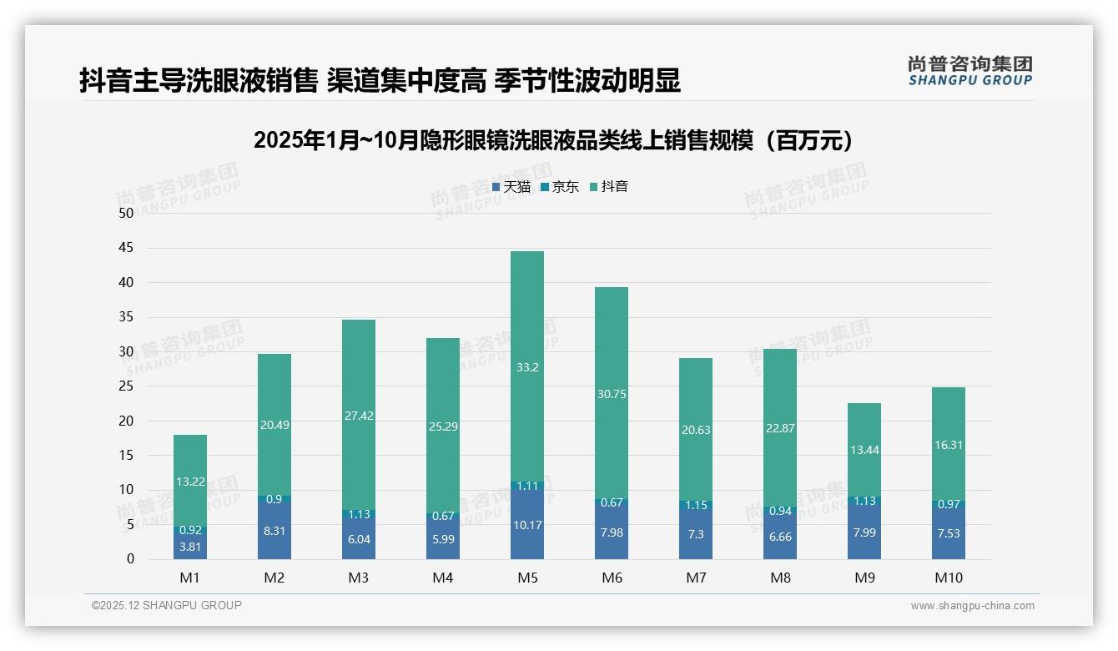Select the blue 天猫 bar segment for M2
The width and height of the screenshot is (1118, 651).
point(274,531)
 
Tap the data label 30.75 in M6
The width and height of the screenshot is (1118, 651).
point(612,394)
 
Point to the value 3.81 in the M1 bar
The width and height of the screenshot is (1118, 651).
point(190,547)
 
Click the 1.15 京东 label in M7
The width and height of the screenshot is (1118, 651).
point(695,505)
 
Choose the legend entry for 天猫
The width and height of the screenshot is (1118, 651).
point(511,187)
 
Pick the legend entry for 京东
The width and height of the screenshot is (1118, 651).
point(560,187)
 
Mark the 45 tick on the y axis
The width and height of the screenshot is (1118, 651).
point(126,248)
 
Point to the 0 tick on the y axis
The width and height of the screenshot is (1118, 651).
point(130,559)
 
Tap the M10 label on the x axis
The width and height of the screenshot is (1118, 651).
point(948,578)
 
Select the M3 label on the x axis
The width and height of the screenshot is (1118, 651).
point(359,578)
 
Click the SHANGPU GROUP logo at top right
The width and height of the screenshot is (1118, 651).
point(969,71)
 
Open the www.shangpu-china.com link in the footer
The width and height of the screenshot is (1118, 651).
point(972,606)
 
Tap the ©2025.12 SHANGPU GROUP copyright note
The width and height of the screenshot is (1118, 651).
point(167,606)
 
